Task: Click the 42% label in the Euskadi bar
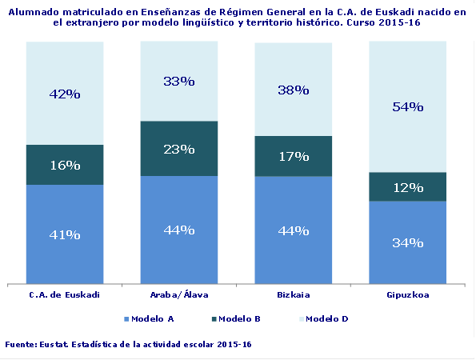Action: tap(65, 94)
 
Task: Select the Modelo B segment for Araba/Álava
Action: tap(178, 148)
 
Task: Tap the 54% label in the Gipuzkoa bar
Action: tap(407, 106)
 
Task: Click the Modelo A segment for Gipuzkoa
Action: tap(407, 242)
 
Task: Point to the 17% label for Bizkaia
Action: tap(293, 156)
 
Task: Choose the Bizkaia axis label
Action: tap(293, 294)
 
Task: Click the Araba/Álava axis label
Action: tap(178, 294)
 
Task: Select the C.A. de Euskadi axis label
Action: tap(64, 294)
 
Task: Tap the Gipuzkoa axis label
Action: tap(407, 294)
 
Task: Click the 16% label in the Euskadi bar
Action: tap(65, 165)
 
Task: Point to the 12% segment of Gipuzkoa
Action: tap(407, 186)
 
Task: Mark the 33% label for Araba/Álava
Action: tap(178, 81)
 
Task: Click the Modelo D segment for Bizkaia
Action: tap(293, 90)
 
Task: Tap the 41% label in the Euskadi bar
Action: tap(65, 234)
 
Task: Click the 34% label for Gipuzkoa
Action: tap(407, 242)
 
